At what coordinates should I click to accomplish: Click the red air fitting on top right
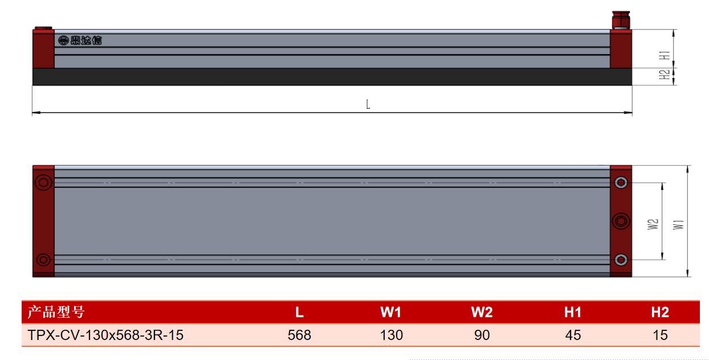tap(621, 21)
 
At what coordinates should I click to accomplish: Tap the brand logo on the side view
tap(80, 40)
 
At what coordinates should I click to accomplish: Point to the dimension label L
tap(368, 104)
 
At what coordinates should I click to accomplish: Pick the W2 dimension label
tap(653, 224)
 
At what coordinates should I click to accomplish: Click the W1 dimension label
tap(678, 224)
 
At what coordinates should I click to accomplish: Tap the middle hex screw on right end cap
tap(621, 221)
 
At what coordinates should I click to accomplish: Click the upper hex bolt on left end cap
tap(43, 182)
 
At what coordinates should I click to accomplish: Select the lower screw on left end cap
tap(43, 260)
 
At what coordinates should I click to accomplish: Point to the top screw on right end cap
tap(621, 182)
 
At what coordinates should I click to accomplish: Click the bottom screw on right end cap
tap(621, 260)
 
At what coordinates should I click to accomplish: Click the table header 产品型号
tap(56, 312)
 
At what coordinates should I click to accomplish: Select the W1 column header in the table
tap(390, 312)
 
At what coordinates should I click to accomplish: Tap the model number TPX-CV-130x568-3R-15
tap(105, 335)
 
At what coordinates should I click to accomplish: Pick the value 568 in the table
tap(299, 335)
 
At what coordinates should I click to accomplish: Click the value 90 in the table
tap(482, 335)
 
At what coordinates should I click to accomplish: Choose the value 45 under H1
tap(573, 335)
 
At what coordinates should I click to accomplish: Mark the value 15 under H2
tap(660, 335)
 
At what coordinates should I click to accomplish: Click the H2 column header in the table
tap(660, 312)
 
